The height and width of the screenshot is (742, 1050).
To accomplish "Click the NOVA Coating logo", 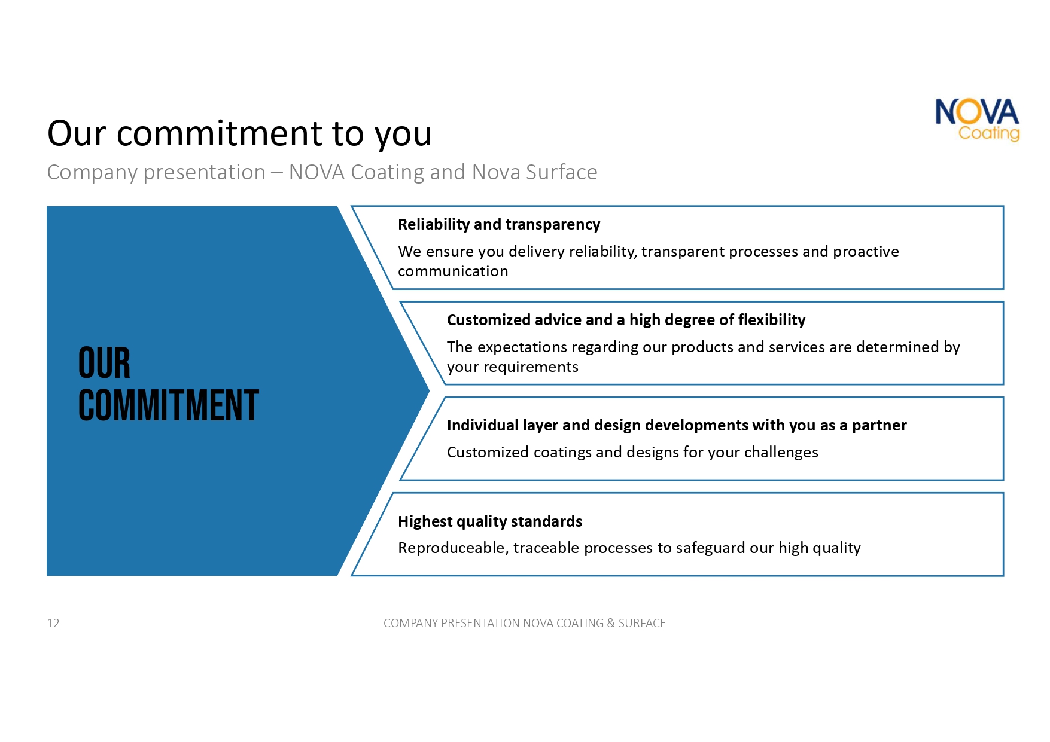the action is (x=977, y=120).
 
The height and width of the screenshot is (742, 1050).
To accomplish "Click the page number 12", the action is (x=53, y=623).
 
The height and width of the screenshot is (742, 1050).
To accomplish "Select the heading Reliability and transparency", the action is (x=499, y=225).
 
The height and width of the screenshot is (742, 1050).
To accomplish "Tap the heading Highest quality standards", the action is (x=490, y=521).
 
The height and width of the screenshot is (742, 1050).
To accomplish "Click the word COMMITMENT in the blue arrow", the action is (x=168, y=405).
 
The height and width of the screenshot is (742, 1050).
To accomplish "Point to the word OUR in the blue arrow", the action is (x=104, y=363).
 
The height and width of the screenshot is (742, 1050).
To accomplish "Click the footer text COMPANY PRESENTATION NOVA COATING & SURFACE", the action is (x=525, y=623).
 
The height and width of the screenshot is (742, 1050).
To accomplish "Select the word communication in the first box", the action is (x=453, y=271).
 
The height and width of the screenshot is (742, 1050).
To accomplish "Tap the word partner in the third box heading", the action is (x=879, y=426).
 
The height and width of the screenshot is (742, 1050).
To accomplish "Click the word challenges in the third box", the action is (x=781, y=453).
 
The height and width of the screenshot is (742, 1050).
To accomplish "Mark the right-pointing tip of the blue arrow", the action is (x=430, y=391).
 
